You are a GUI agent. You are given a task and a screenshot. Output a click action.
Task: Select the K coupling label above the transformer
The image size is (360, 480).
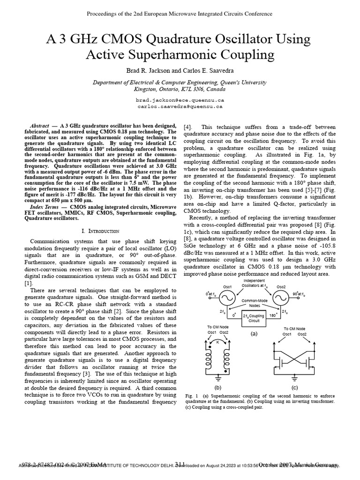pos(218,343)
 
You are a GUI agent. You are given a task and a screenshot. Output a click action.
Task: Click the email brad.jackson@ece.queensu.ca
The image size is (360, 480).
pos(180,100)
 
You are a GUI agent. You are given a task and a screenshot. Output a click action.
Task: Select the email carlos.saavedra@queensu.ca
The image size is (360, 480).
pos(180,106)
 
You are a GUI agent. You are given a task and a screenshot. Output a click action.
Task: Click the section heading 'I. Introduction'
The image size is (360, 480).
pos(101,231)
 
